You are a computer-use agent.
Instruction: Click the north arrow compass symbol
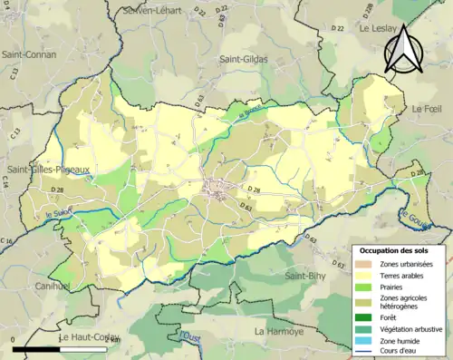(x=401, y=49)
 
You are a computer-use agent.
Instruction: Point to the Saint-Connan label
(x=29, y=54)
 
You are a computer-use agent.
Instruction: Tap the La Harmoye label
(x=283, y=331)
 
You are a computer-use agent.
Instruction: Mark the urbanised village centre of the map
(x=218, y=190)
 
